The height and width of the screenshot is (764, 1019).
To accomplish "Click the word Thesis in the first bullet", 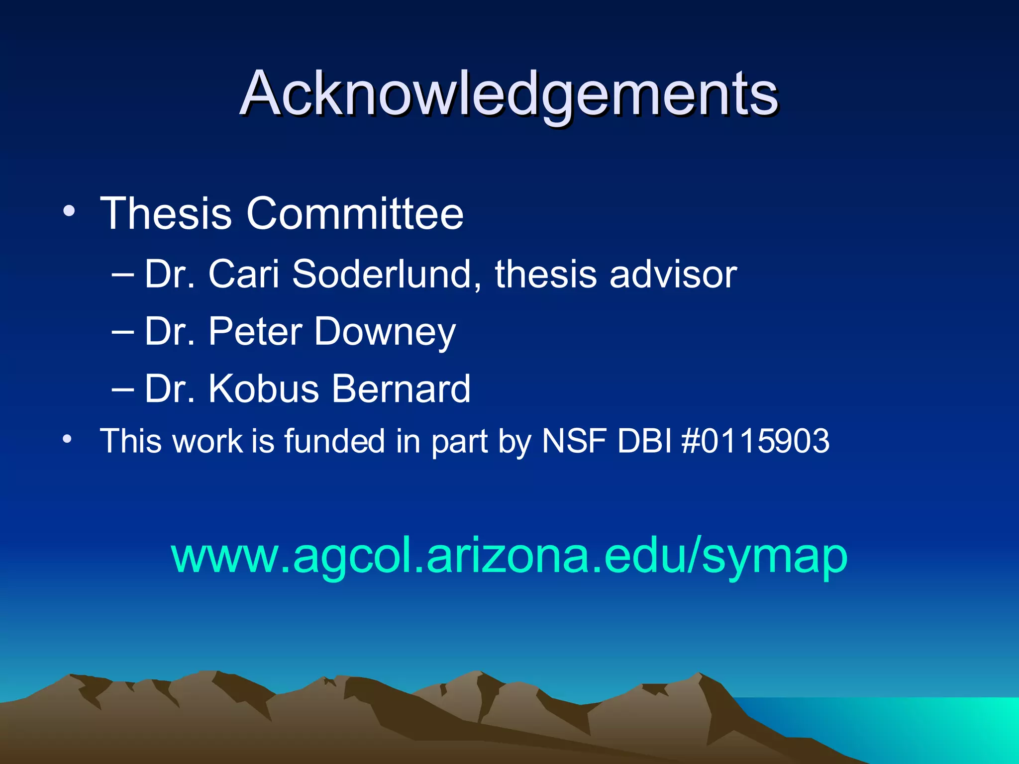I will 166,213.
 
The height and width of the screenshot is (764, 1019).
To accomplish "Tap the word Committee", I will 355,213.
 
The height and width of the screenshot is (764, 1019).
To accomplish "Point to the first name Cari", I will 244,274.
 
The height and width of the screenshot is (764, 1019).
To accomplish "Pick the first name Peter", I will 255,332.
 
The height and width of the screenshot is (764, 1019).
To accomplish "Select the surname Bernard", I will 401,388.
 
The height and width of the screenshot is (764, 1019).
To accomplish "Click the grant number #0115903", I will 755,441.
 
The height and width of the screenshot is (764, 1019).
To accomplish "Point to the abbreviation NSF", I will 574,441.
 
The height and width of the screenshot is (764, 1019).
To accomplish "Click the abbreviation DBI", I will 645,441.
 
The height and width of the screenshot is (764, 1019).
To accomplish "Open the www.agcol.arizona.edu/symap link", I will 509,556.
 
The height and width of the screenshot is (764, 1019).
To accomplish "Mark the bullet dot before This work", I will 67,439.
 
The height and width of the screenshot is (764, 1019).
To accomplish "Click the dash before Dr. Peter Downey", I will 123,332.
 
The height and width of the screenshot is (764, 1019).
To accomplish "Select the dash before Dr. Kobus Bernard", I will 123,389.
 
